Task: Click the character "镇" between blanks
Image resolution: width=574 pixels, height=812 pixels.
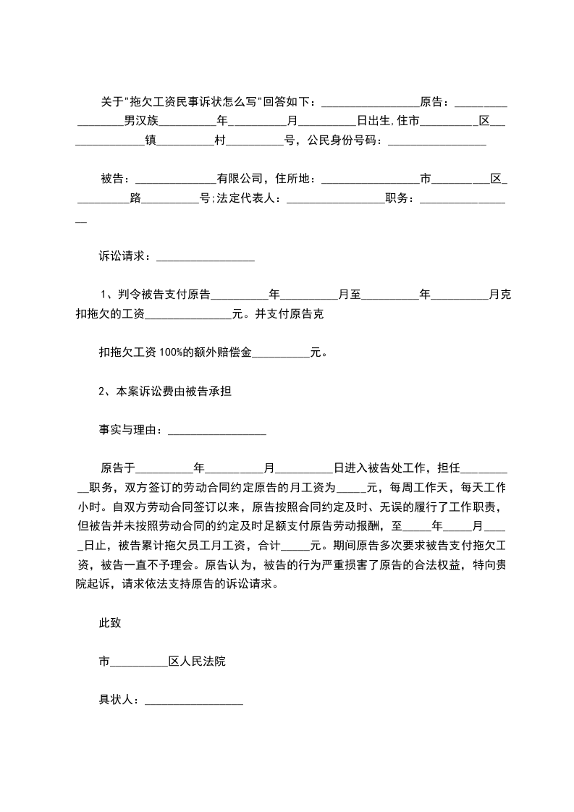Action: [151, 140]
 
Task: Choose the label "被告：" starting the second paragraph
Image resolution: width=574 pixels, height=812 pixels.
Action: [116, 179]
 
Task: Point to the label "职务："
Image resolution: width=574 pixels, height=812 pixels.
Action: [402, 199]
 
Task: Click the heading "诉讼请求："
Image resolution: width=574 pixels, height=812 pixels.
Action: [127, 256]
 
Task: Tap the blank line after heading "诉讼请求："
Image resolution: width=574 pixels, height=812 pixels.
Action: [205, 258]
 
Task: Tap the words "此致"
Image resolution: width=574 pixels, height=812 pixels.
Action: [110, 623]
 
